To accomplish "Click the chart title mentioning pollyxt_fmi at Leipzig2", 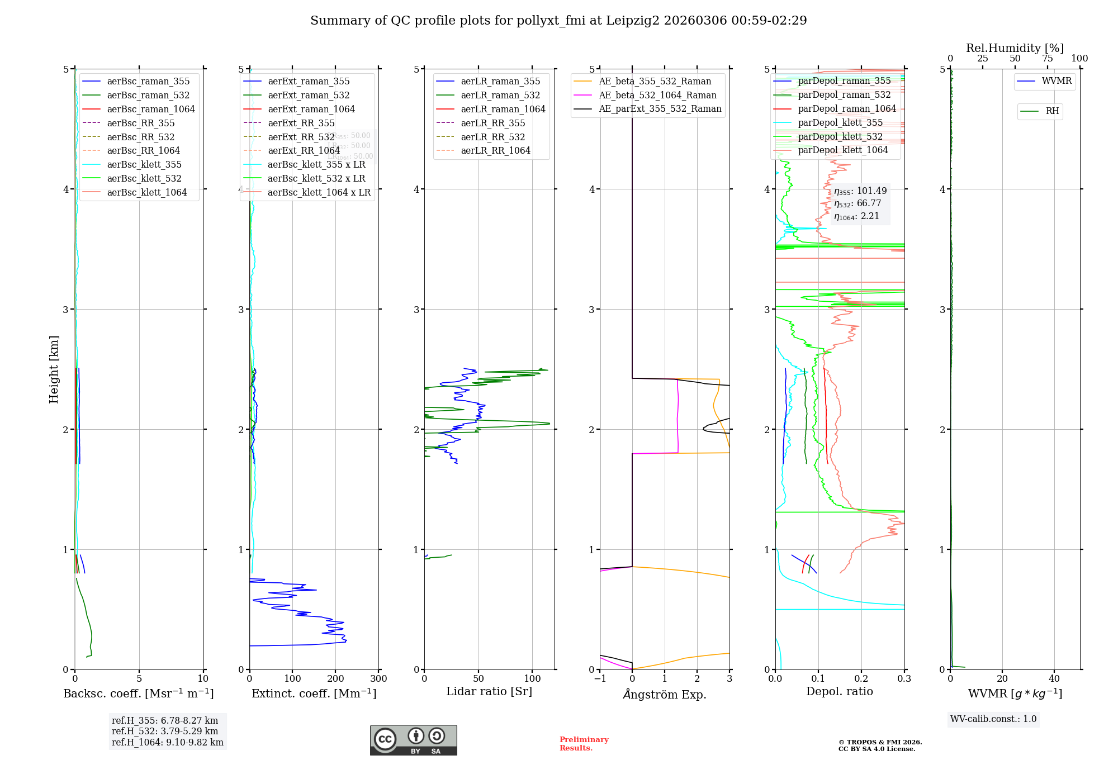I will tap(558, 21).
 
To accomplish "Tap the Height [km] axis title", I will tap(54, 369).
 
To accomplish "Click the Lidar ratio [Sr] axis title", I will tap(489, 691).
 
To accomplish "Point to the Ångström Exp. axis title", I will tap(665, 694).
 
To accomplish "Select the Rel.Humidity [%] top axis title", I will tap(1015, 48).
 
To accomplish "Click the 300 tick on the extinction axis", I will tap(378, 679).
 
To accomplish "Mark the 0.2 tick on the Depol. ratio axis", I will tap(861, 679).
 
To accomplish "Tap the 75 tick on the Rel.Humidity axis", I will tap(1047, 59).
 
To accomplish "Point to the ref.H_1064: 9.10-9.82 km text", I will tap(168, 743).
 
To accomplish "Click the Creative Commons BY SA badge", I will tap(413, 740).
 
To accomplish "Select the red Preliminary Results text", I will tap(584, 744).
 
